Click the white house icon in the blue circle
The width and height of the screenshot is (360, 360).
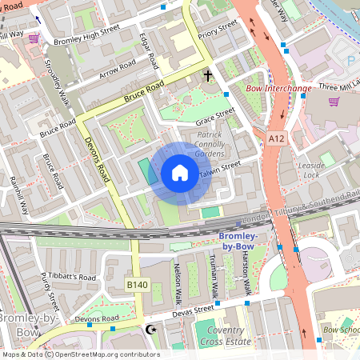point(180,173)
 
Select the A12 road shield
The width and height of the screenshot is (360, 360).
point(277,138)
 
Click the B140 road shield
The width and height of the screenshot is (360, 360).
point(137,284)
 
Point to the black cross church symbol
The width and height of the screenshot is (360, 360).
point(208,76)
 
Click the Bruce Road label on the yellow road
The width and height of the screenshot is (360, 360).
point(144,90)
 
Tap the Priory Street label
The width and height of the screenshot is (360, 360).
point(218,30)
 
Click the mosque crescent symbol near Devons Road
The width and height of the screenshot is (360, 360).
point(149,329)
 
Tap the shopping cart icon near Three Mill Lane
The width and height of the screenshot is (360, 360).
point(334,102)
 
